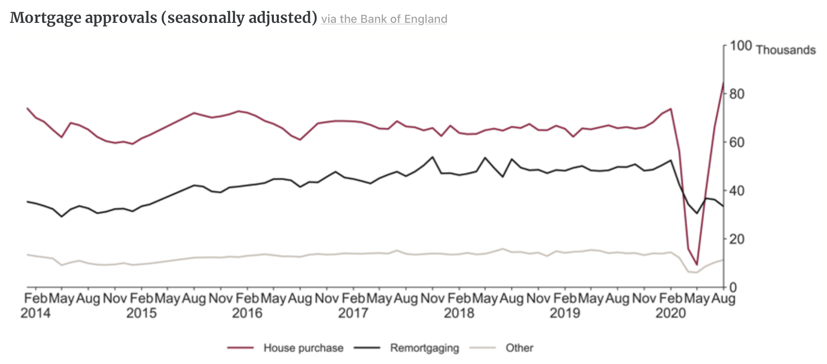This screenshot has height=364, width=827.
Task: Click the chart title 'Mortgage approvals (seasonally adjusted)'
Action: point(163,18)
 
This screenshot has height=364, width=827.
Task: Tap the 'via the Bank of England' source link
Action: point(384,19)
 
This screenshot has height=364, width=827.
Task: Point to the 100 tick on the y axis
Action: point(740,46)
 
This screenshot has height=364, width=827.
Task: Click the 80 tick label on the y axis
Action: point(737,94)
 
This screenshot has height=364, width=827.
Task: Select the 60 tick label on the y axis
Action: point(737,142)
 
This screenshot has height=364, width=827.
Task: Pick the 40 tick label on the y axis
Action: point(737,191)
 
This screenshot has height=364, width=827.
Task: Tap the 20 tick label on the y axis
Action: point(737,239)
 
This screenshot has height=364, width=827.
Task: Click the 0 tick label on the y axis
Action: point(733,288)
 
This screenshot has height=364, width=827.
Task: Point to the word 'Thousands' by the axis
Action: point(786,50)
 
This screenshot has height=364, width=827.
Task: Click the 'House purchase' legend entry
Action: point(303,348)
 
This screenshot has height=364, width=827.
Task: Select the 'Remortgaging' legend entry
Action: point(424,348)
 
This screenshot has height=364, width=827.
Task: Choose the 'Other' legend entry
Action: point(519,348)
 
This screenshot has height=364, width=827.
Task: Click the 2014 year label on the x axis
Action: point(36,313)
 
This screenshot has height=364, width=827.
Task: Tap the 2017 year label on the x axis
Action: point(353,313)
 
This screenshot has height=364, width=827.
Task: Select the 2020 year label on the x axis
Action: point(671,313)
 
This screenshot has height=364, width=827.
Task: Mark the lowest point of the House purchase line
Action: point(697,265)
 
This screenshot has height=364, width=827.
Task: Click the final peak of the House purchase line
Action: point(723,83)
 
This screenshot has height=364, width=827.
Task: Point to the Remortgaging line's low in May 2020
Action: point(697,213)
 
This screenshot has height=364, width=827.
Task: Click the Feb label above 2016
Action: point(247,299)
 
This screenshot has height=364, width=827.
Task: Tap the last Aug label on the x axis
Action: point(723,299)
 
